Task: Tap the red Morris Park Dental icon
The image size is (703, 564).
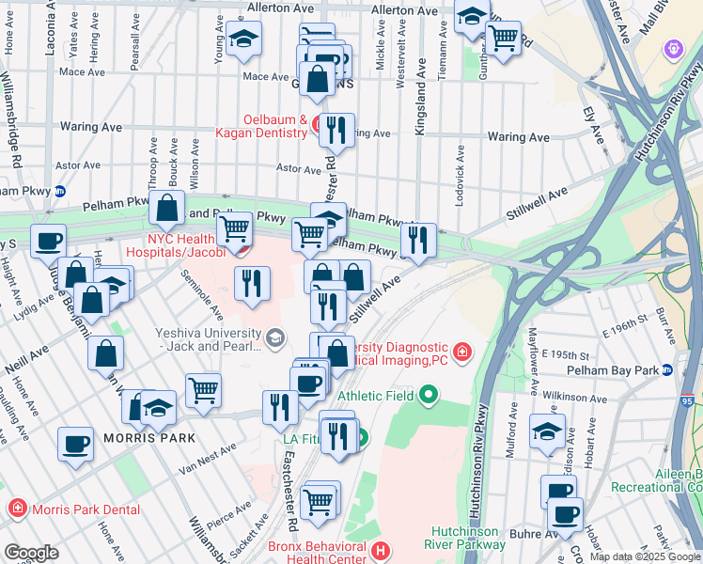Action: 16,509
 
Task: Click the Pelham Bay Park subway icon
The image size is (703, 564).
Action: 668,369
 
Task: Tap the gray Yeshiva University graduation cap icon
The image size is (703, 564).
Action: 275,337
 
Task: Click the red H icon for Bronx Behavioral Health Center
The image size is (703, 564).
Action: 380,550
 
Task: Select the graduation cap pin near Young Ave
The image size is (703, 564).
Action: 244,38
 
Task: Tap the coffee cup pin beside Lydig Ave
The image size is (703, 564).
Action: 48,240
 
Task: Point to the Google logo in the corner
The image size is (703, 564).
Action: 30,553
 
